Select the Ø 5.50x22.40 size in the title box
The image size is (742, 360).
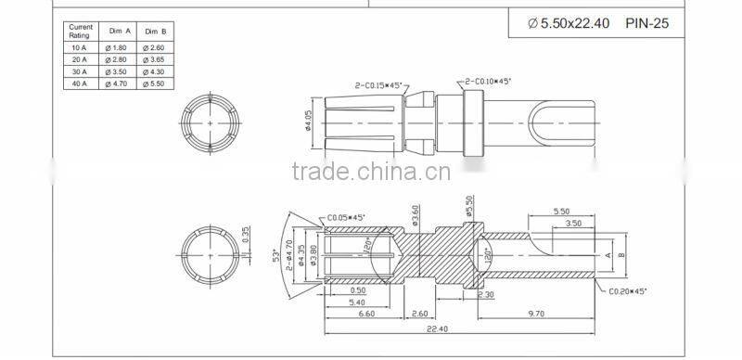tap(569, 23)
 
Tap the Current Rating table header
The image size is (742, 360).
tap(81, 31)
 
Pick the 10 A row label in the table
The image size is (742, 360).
tap(81, 46)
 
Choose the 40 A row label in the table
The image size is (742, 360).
tap(81, 84)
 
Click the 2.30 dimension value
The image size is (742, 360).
tap(485, 294)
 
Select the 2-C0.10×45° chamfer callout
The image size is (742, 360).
tap(487, 81)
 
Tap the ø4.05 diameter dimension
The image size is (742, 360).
tap(307, 122)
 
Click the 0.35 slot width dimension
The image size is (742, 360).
tap(246, 236)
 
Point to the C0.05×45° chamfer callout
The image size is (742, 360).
tap(346, 217)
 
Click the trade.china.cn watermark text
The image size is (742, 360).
tap(371, 172)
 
